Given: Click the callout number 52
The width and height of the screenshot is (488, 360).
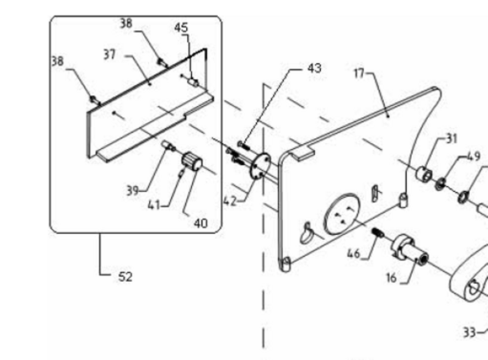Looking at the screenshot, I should [x=125, y=277].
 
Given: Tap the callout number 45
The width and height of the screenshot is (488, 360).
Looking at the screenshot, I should [x=181, y=27].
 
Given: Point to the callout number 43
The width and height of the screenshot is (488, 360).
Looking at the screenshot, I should [x=314, y=68].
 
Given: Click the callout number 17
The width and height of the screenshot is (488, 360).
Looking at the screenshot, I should [x=359, y=73].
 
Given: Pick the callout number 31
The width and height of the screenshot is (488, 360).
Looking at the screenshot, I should [x=451, y=139].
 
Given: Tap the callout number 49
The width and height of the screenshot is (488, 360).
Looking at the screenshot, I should [x=473, y=157].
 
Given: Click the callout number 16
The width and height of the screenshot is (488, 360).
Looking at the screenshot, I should [x=391, y=277].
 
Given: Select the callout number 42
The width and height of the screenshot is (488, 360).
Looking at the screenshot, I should [x=230, y=201].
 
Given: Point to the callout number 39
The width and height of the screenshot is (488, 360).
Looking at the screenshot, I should [x=133, y=191].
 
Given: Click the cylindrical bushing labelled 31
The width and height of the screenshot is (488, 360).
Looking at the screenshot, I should [x=425, y=175].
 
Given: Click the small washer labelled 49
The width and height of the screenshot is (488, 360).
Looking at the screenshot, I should [x=441, y=182].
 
